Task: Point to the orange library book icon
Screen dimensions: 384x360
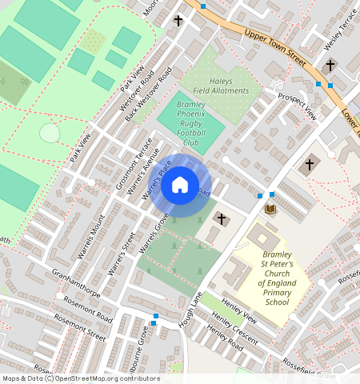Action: coord(270,209)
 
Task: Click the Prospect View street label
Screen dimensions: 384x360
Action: coord(298,106)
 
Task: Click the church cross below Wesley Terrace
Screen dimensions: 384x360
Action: coord(330,65)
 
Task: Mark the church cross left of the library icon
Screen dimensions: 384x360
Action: coord(222,218)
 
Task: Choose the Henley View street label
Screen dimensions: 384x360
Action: coord(238,313)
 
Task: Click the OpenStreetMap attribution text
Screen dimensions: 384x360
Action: coord(80,378)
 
